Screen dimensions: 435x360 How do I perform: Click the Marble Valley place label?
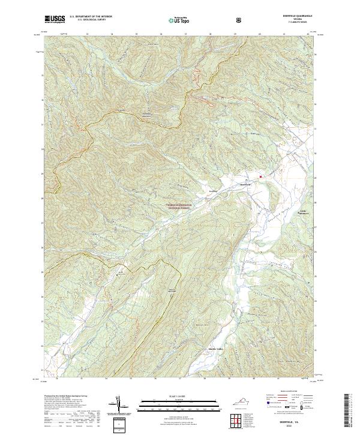coord(199,349)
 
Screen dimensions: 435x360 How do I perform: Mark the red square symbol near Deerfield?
coord(260,176)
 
